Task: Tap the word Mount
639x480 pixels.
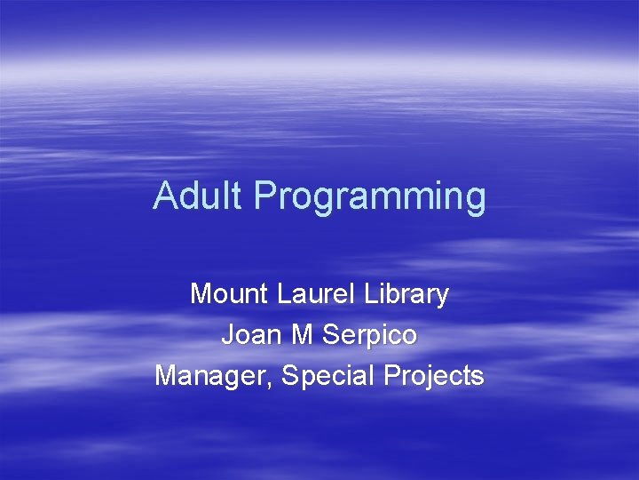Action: coord(229,293)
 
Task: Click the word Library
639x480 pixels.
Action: coord(404,295)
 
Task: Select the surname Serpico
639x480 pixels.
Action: coord(371,337)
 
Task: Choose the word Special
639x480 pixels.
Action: coord(329,377)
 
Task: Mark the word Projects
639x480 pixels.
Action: coord(434,377)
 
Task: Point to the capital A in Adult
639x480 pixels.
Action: coord(165,196)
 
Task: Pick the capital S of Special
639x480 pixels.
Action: coord(290,376)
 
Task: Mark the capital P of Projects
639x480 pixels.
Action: coord(392,376)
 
